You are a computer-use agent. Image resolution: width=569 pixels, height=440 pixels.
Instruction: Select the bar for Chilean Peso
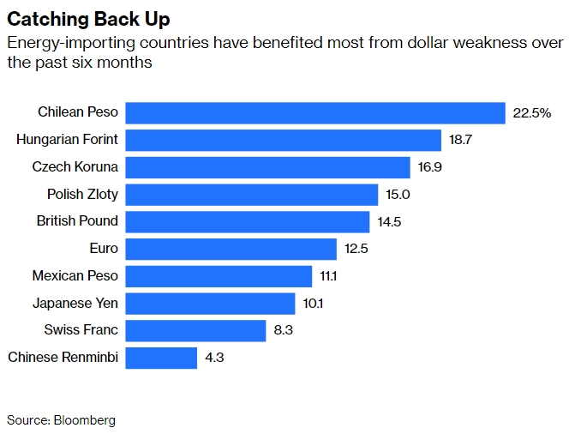point(315,112)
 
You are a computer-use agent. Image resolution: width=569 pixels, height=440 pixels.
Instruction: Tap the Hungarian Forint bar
point(284,140)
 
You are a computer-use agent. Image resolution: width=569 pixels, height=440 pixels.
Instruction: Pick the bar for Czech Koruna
point(268,167)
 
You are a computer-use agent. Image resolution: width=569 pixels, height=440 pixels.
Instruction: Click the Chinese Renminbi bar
point(162,358)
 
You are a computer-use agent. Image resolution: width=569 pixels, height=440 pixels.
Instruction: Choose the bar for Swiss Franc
point(195,330)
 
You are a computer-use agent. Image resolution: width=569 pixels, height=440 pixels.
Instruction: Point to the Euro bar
point(231,249)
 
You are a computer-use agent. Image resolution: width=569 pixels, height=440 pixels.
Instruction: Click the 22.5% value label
point(531,113)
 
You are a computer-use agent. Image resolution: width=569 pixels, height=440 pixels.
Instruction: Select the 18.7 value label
point(460,140)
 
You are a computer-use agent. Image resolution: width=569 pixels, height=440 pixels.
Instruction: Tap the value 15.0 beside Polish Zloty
point(398,195)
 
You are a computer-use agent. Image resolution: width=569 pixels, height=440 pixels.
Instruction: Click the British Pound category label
point(77,221)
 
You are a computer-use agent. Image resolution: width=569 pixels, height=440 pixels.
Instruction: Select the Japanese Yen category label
point(75,303)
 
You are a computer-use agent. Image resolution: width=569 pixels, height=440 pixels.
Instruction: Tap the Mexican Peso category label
point(75,276)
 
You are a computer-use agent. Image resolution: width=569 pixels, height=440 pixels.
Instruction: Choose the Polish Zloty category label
point(82,194)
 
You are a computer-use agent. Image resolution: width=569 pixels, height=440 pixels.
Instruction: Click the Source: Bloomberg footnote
point(61,420)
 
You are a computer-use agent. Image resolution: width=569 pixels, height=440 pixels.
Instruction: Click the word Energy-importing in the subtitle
point(56,43)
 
